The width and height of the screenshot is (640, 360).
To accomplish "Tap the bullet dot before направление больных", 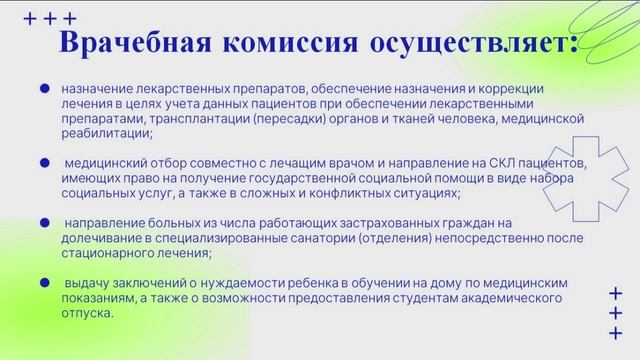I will coord(44,222).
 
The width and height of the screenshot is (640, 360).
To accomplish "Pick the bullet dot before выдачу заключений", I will coord(44,283).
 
